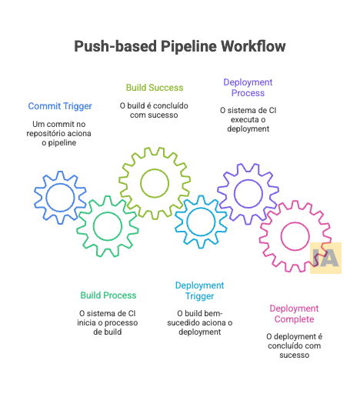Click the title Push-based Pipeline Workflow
[179, 47]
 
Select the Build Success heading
[154, 87]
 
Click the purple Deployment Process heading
[248, 87]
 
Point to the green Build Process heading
[108, 295]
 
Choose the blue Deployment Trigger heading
[199, 290]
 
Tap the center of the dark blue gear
[60, 197]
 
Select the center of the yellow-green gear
[155, 183]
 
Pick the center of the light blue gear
[201, 222]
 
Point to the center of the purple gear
[248, 192]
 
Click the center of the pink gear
[295, 236]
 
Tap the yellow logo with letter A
[325, 259]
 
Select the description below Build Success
[154, 110]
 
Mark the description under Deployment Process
[248, 119]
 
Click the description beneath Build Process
[108, 322]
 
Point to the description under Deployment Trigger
[199, 322]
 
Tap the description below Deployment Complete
[294, 345]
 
